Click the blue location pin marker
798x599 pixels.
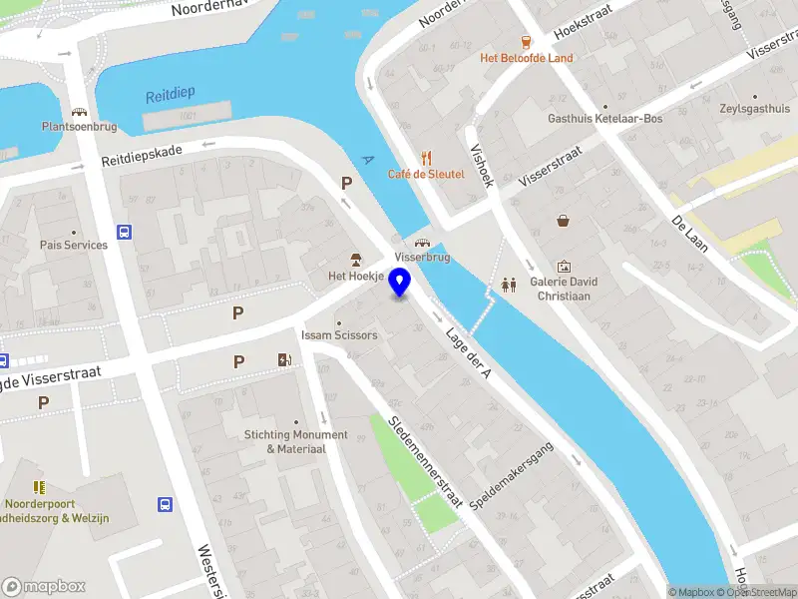point(400,283)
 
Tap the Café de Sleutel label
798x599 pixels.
point(426,174)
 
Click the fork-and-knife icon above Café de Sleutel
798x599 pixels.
point(426,157)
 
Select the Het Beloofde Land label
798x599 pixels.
point(527,58)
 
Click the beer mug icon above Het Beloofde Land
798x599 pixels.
point(527,42)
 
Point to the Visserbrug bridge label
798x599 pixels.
point(422,257)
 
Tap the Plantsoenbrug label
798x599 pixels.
point(79,127)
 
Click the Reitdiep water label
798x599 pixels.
point(171,94)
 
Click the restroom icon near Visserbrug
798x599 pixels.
point(510,284)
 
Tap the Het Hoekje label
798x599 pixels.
point(356,276)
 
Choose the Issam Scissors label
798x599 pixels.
point(340,335)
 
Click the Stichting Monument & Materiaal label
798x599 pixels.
point(296,441)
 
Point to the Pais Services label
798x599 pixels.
point(74,245)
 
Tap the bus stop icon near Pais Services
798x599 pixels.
point(124,233)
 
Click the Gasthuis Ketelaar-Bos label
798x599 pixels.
point(605,118)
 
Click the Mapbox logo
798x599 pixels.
point(44,586)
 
